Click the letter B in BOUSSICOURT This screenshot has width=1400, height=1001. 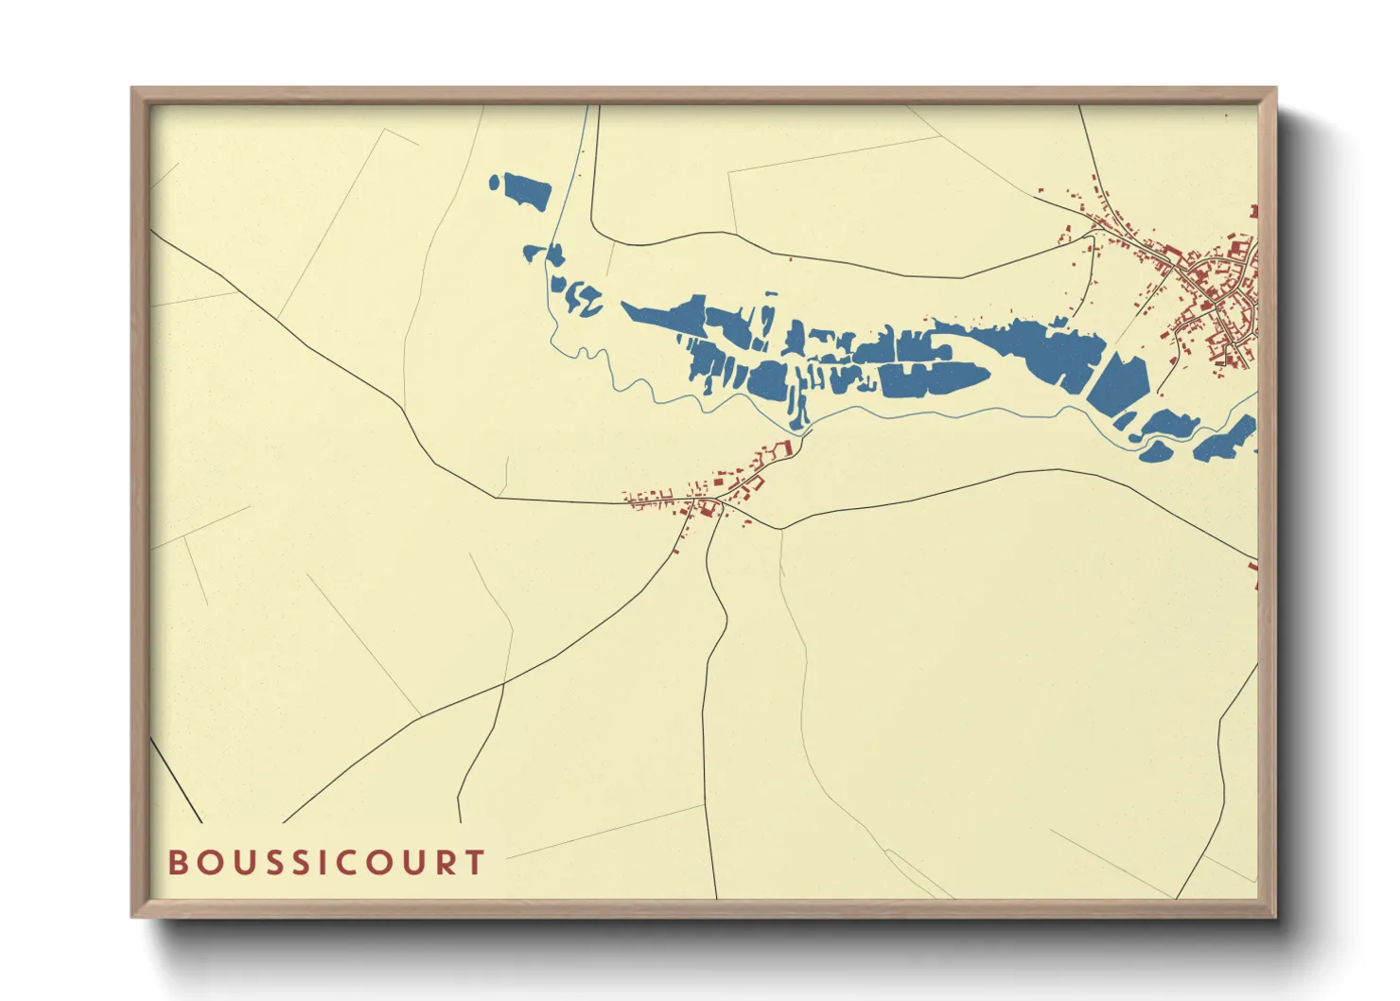pos(177,862)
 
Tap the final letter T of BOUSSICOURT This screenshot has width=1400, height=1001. pos(474,862)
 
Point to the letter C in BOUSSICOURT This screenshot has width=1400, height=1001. pos(326,862)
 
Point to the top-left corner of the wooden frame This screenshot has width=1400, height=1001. pos(132,89)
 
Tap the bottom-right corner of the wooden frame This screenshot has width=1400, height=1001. pos(1275,916)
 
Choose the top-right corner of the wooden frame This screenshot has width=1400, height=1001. pos(1275,89)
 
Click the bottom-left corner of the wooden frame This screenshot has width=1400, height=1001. pos(132,916)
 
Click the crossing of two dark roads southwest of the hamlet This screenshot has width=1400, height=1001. pos(503,681)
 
